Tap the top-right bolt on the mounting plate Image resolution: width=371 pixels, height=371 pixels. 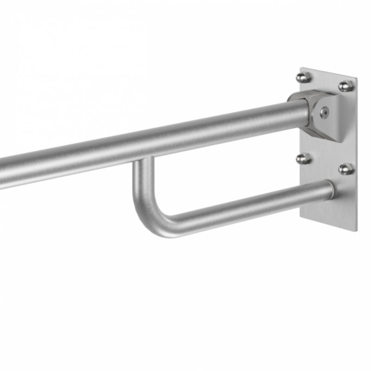[x=345, y=86]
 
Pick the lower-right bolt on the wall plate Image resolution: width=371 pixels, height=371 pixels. [x=345, y=169]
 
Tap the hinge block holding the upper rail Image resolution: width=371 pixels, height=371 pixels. [x=315, y=114]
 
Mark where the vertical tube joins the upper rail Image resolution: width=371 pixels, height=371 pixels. [x=144, y=160]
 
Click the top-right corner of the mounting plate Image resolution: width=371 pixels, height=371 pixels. [x=356, y=78]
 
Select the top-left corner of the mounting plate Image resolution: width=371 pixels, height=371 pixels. [x=301, y=68]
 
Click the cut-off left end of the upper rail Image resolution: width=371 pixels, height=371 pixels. [x=2, y=174]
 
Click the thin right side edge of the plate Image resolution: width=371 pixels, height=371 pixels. [x=357, y=153]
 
